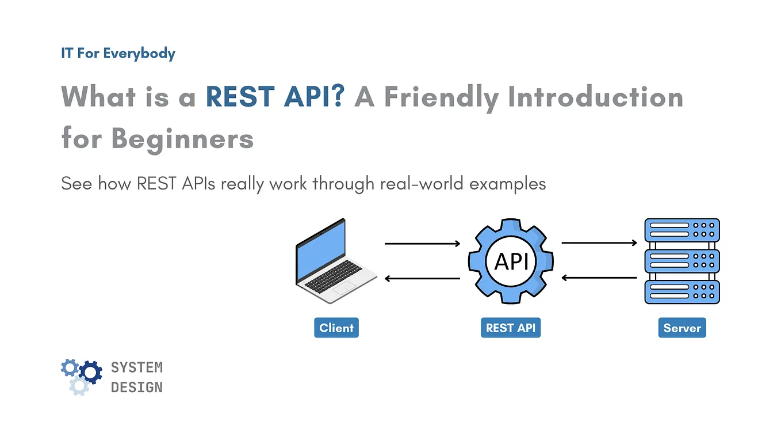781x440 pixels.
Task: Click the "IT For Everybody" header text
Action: point(118,54)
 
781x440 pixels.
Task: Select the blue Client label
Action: point(336,328)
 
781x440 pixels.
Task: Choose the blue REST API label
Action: point(510,328)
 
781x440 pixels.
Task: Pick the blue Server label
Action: point(682,328)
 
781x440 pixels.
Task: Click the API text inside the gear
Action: point(511,261)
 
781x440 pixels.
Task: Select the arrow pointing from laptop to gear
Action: point(422,244)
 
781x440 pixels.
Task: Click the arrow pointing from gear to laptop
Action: point(422,279)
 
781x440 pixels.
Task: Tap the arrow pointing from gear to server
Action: point(599,243)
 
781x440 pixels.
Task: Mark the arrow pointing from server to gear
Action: point(599,278)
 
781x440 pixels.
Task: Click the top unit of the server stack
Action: point(682,230)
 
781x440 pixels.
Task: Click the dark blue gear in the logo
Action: point(90,372)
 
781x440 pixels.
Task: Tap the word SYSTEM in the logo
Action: point(137,367)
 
